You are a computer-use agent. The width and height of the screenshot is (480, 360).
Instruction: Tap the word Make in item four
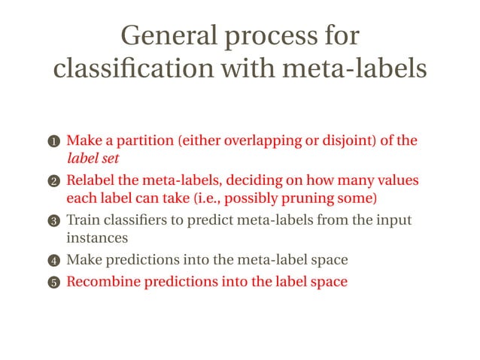pos(83,260)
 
